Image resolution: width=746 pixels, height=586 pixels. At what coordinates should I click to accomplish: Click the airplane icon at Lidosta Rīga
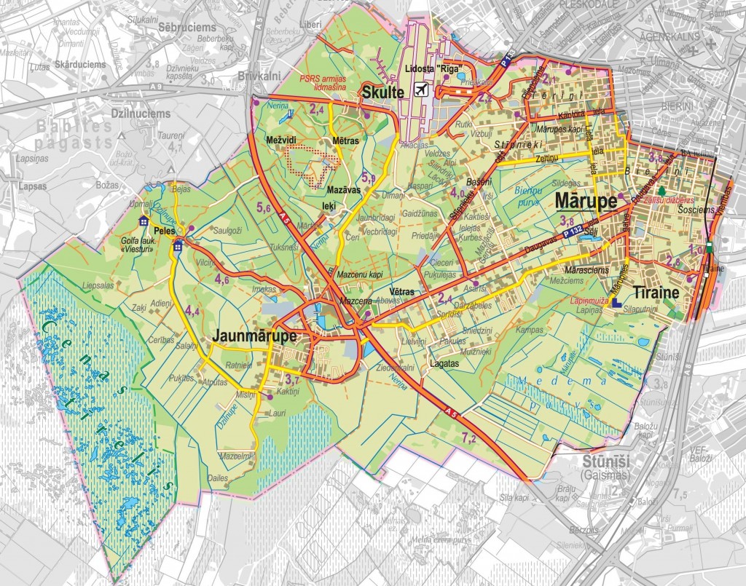point(420,90)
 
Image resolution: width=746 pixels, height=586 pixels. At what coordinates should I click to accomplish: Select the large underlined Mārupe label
point(586,201)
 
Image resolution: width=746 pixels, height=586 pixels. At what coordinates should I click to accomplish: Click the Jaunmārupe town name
point(254,337)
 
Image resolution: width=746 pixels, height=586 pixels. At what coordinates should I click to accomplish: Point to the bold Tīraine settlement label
point(656,292)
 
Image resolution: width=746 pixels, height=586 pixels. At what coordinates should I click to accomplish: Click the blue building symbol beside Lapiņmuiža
point(616,301)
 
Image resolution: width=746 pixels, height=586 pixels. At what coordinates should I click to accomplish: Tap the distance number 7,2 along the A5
point(470,437)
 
